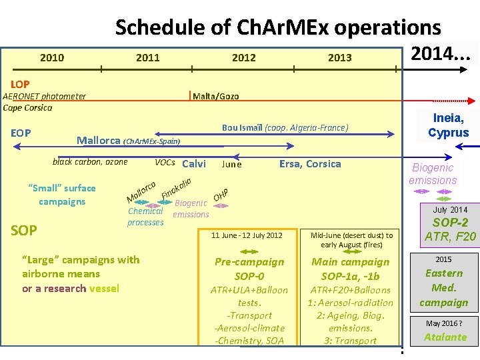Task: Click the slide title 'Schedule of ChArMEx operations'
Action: tap(278, 27)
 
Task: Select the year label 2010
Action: tap(52, 57)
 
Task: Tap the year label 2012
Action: tap(243, 57)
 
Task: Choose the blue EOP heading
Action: tap(21, 133)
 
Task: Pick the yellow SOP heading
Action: tap(24, 231)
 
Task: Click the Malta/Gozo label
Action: tap(215, 97)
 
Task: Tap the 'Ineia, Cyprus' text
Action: tap(449, 125)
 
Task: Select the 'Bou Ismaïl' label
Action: tap(243, 127)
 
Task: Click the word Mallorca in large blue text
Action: tap(99, 140)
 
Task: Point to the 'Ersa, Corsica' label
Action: tap(310, 164)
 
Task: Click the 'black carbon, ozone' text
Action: tap(90, 162)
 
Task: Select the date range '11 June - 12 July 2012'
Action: tap(247, 235)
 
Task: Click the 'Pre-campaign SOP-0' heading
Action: tap(249, 269)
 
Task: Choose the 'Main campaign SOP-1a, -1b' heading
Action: tap(351, 269)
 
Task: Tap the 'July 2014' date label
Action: tap(450, 210)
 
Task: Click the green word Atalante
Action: tap(445, 337)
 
